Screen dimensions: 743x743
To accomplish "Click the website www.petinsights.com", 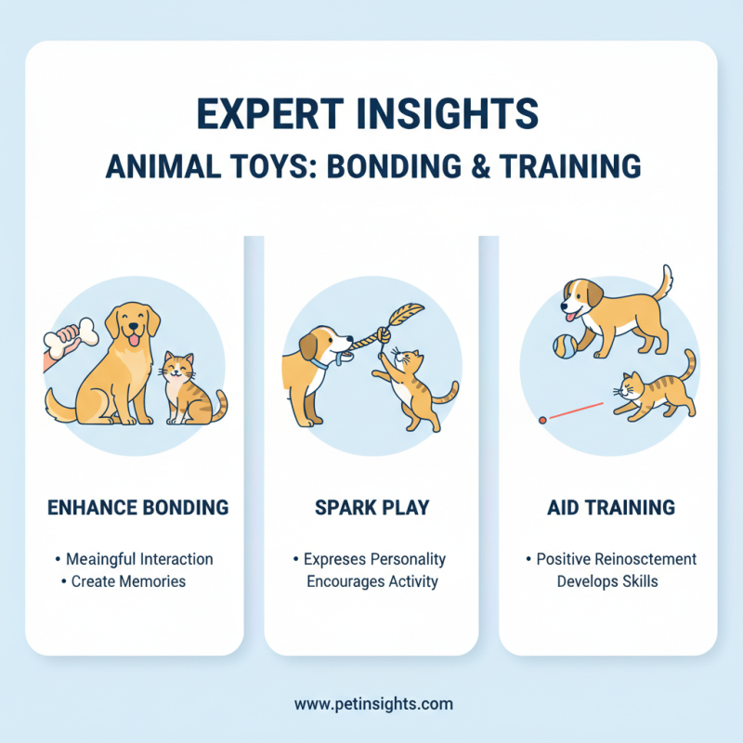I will tap(373, 703).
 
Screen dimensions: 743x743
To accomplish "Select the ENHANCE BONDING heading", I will tap(137, 508).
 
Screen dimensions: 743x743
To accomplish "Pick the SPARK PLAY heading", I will tap(371, 508).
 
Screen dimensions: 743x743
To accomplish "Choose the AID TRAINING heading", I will tap(610, 508).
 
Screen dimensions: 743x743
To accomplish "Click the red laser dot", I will tap(541, 421).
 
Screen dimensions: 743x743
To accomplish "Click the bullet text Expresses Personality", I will tap(375, 559).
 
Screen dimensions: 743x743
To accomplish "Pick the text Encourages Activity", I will tap(371, 582).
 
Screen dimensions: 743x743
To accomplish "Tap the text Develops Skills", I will tap(609, 582).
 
